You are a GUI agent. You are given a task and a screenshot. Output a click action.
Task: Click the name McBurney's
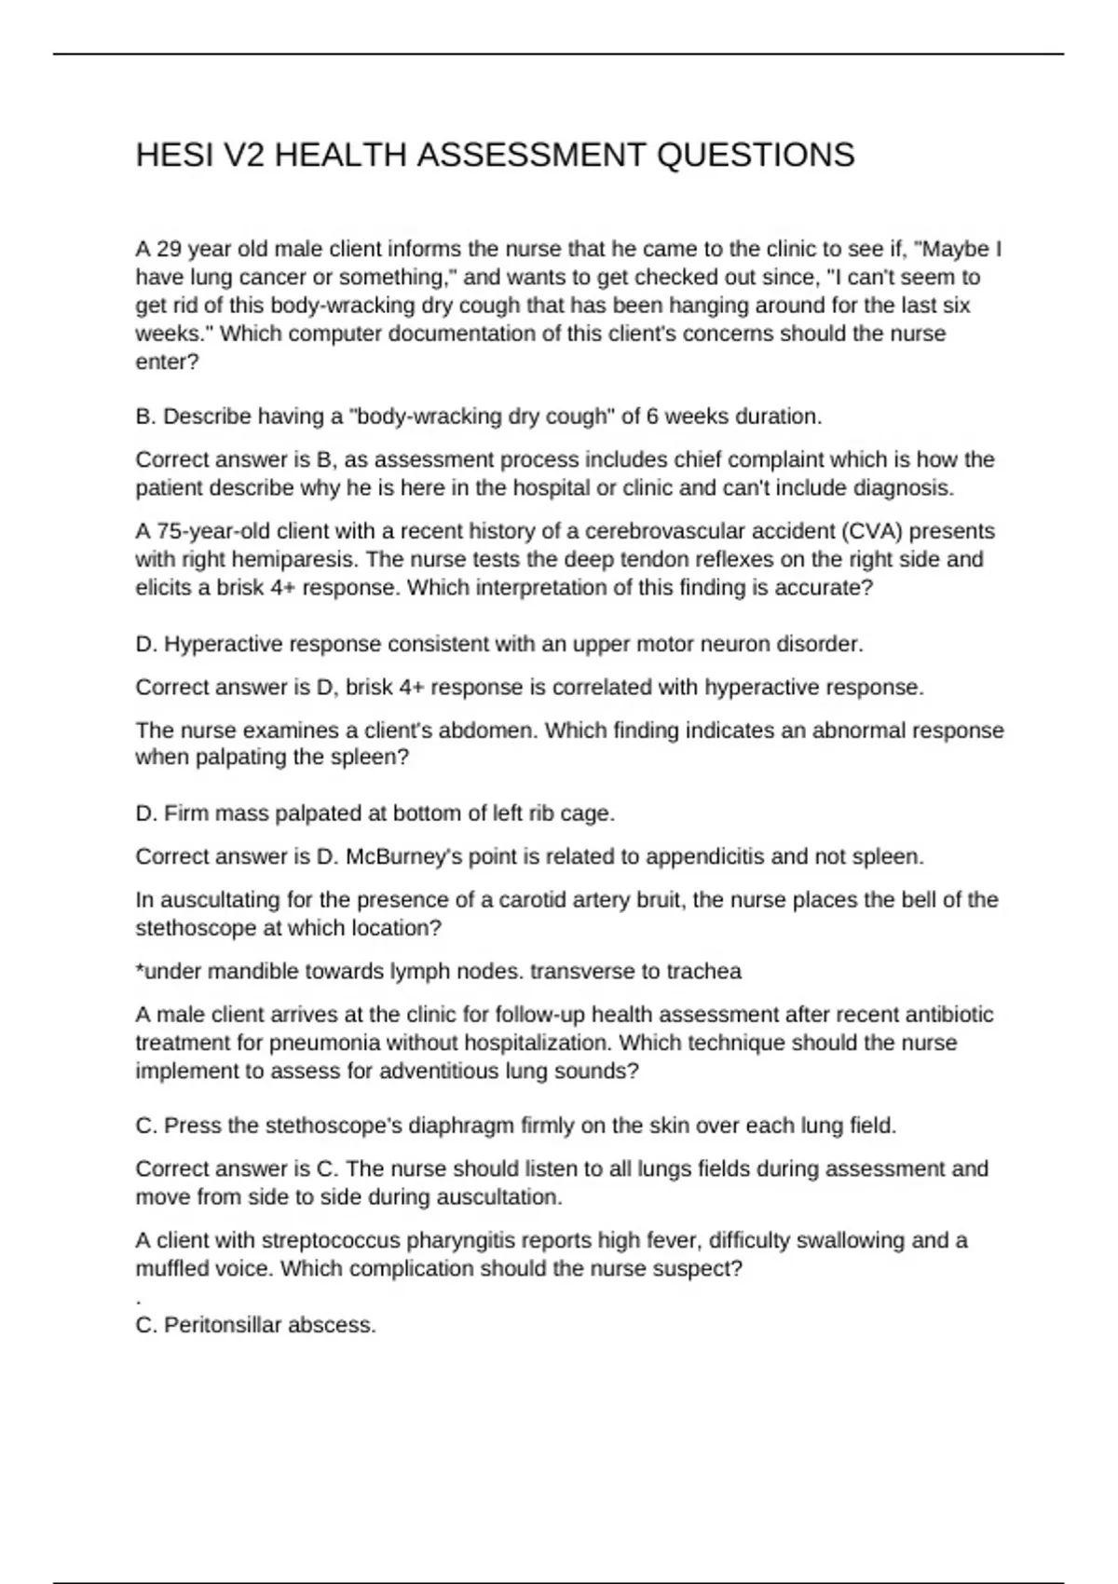pos(406,856)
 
